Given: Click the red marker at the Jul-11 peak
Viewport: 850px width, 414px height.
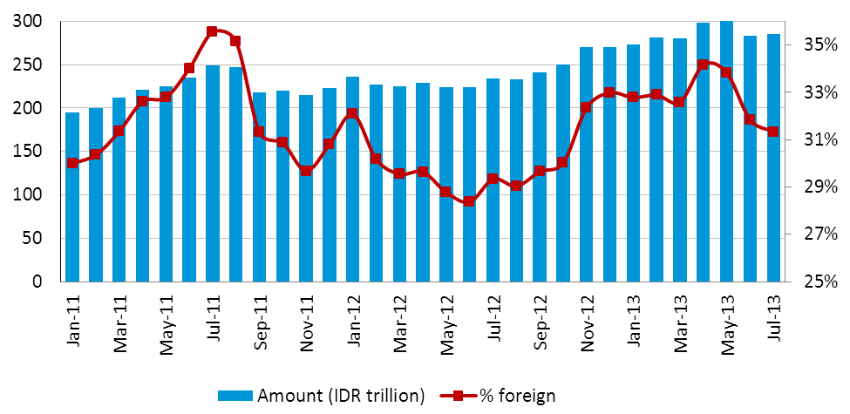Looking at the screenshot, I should point(212,31).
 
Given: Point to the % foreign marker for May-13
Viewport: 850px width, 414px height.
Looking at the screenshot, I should point(726,71).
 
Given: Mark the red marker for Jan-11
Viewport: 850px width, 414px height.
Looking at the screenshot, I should point(72,163).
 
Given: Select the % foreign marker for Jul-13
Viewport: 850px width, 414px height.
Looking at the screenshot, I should point(773,132).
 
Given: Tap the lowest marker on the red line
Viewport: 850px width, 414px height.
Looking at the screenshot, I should point(469,201).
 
